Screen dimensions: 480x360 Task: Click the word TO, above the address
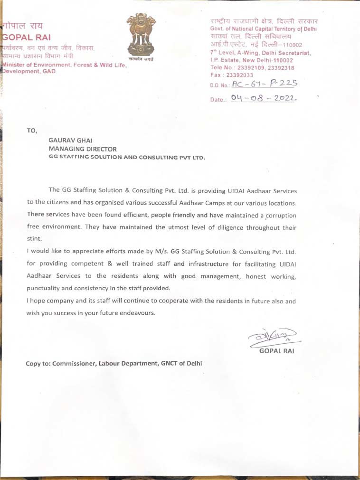pyautogui.click(x=32, y=130)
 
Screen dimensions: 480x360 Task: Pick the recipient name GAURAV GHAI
pyautogui.click(x=71, y=140)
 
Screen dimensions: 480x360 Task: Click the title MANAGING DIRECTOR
pyautogui.click(x=83, y=149)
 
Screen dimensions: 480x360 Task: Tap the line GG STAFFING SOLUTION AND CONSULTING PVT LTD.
pyautogui.click(x=127, y=157)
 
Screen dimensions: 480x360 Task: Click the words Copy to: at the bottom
pyautogui.click(x=38, y=364)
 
